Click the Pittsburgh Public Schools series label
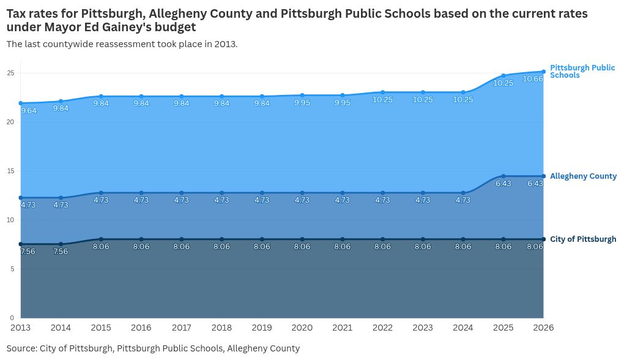click(582, 71)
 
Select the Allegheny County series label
click(583, 176)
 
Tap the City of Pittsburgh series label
click(583, 239)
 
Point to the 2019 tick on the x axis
click(262, 328)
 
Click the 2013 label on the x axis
click(20, 328)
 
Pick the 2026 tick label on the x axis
click(543, 328)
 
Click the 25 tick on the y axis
click(10, 73)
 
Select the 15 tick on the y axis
click(10, 171)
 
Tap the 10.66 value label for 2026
click(533, 79)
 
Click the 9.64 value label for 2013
click(29, 111)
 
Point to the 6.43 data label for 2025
click(503, 184)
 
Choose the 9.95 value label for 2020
click(302, 103)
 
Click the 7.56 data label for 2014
click(61, 252)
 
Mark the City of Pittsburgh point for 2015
click(101, 239)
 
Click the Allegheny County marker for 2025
click(503, 176)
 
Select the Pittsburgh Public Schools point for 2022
click(383, 92)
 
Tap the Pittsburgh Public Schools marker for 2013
click(21, 103)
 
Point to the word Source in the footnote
click(21, 348)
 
